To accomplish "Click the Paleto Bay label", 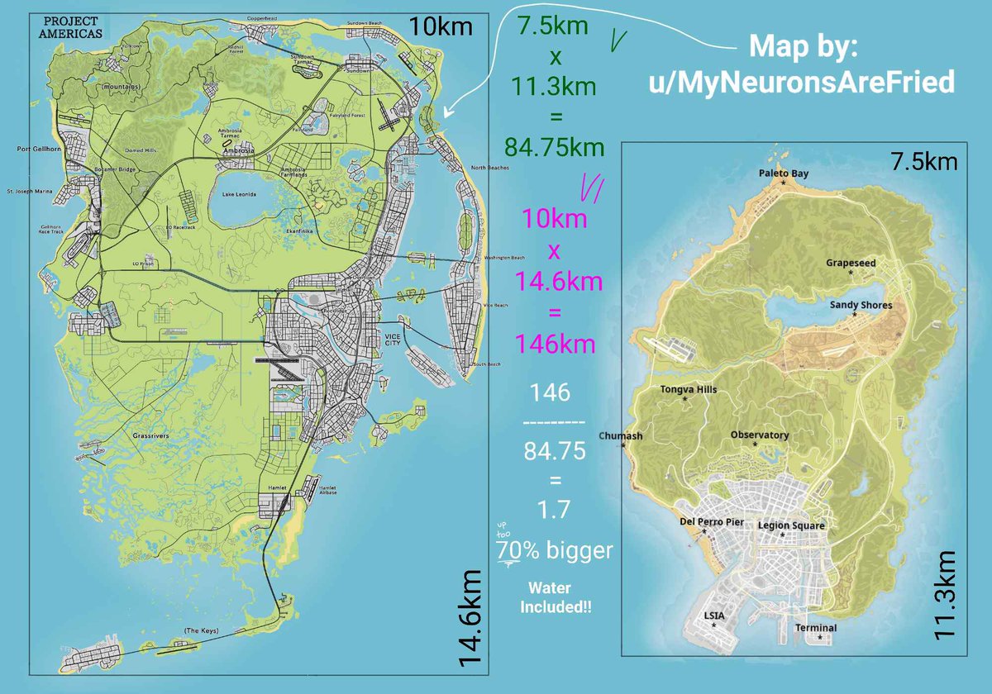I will tap(784, 173).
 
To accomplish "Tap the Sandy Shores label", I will tap(861, 305).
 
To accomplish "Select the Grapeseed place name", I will tap(850, 263).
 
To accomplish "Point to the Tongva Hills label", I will tap(689, 389).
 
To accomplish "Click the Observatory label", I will tap(759, 435).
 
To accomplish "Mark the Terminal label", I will tap(815, 628).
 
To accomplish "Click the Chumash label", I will tap(619, 435).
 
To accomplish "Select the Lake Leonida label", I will tap(239, 194).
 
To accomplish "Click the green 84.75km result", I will tap(554, 148).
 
